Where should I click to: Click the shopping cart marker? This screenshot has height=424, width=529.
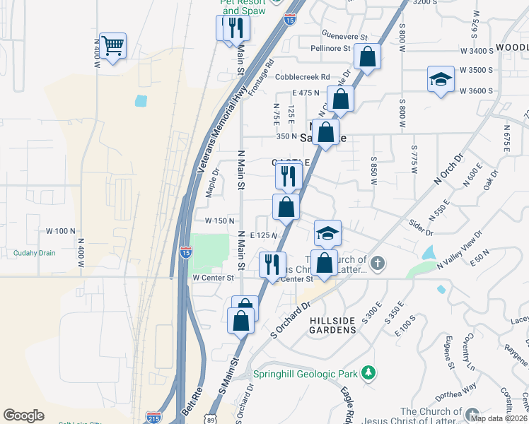tap(112, 47)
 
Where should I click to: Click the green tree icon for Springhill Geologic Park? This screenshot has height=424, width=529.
tap(367, 372)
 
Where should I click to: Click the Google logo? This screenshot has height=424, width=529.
tap(23, 416)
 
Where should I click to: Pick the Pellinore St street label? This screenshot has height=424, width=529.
tap(331, 49)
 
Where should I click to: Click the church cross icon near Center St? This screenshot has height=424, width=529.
tap(378, 264)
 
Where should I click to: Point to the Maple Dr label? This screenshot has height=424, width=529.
tap(212, 182)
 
